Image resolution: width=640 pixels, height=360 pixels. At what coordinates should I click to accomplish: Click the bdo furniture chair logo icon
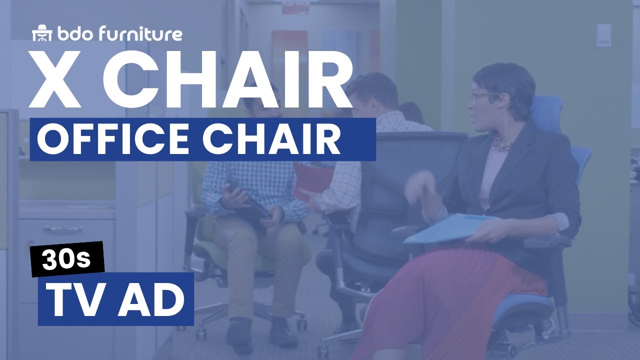click(42, 34)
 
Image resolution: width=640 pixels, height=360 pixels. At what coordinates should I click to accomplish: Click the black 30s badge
click(67, 258)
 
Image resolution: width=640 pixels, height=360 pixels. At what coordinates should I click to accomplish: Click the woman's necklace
click(500, 145)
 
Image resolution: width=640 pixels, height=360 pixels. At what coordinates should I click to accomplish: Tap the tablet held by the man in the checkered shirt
click(250, 200)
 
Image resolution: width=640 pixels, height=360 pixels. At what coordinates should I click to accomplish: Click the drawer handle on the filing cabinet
click(62, 230)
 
